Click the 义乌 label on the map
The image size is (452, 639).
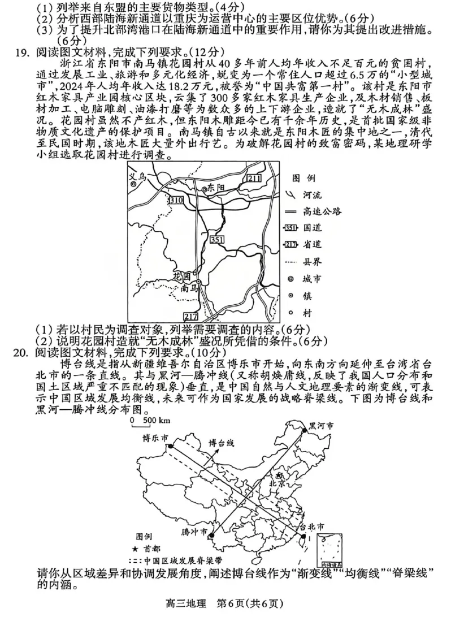137,177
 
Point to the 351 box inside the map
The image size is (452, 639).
216,240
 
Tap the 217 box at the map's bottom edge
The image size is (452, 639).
191,316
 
